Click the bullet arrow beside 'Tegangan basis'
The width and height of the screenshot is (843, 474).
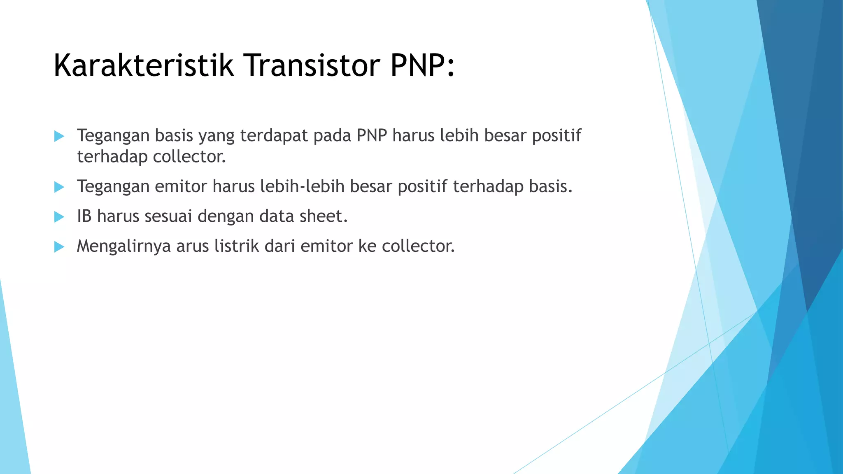click(59, 136)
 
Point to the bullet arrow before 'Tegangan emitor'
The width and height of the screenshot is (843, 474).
click(59, 187)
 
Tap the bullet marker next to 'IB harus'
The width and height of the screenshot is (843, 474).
click(59, 217)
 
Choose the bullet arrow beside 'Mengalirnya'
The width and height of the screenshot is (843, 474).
click(59, 247)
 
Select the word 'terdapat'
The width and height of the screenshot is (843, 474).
click(274, 135)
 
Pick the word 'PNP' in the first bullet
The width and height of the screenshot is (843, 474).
click(372, 135)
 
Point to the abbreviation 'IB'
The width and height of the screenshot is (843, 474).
click(84, 216)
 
